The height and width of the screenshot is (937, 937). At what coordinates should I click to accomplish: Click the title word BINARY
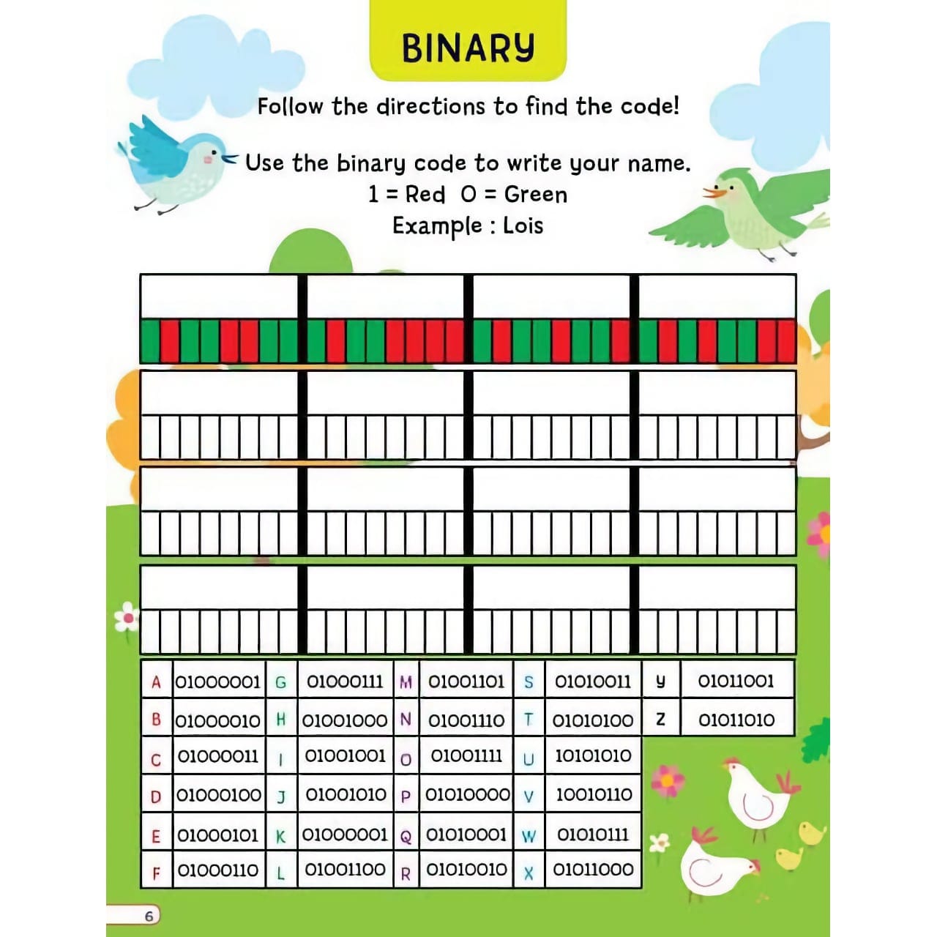point(468,48)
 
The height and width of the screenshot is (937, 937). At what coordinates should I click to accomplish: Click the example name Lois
point(523,225)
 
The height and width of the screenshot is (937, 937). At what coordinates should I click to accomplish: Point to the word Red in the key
point(425,194)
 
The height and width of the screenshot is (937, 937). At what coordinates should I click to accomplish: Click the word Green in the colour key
point(535,194)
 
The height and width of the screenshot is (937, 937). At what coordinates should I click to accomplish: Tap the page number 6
point(149,916)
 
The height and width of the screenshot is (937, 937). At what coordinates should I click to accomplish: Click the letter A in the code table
point(156,682)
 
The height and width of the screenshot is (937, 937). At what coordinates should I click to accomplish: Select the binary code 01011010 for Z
point(736,720)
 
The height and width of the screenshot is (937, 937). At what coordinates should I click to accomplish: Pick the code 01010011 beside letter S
point(592,682)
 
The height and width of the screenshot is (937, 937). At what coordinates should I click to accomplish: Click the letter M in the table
point(406,682)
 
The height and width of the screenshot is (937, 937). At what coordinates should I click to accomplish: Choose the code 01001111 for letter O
point(466,756)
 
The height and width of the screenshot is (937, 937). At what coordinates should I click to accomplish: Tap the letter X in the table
point(529,872)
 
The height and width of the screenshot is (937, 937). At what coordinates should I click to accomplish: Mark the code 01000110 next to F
point(218,870)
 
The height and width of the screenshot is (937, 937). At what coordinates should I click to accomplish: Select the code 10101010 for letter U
point(593,756)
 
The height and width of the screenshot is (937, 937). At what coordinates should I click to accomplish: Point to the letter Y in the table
point(660,682)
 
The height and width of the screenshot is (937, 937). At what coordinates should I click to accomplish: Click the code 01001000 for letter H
point(345,720)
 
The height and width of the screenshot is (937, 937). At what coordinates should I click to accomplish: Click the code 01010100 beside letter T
point(593,720)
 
